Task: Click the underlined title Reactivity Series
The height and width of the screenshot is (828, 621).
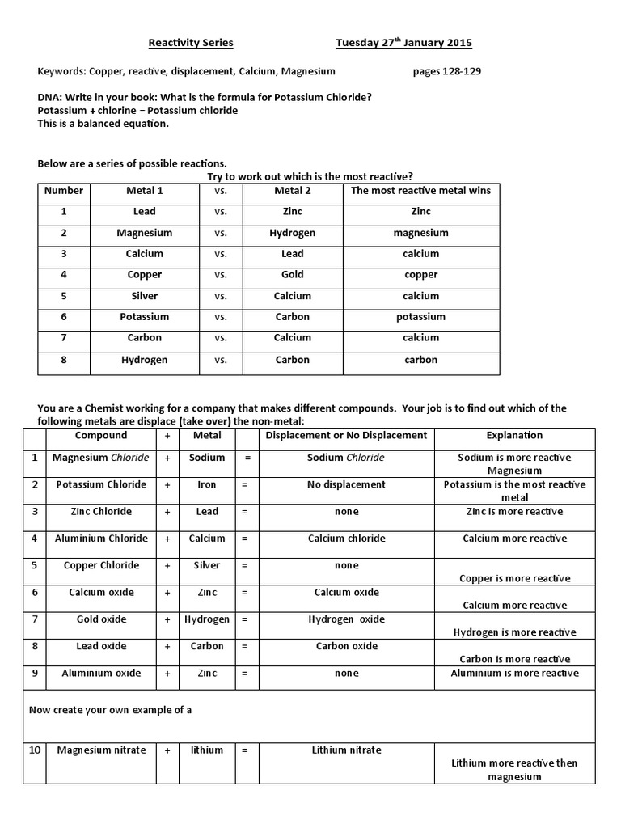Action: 190,43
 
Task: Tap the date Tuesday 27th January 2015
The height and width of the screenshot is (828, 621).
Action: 403,43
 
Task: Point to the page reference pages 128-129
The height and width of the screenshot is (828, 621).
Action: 446,71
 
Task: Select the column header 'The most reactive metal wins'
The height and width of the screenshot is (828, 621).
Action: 420,191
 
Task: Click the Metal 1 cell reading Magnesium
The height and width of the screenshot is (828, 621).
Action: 145,233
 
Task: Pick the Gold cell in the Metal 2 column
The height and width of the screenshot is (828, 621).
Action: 292,275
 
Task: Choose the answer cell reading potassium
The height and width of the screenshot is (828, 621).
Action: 420,317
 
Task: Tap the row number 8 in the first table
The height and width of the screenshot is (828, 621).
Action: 63,360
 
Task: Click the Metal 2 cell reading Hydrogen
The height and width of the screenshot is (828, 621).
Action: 292,233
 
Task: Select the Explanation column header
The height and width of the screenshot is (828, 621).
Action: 514,435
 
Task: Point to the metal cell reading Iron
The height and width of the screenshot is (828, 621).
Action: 207,485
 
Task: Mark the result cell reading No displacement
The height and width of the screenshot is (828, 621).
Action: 346,485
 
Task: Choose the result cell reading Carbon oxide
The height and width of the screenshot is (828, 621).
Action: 346,646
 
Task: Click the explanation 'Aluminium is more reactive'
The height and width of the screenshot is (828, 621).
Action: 514,673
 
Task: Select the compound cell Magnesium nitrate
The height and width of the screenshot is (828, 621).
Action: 101,750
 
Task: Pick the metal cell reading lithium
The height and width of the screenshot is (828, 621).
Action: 207,750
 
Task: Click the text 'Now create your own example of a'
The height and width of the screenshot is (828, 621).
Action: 110,710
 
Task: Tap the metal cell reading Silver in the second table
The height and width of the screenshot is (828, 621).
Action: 207,565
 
